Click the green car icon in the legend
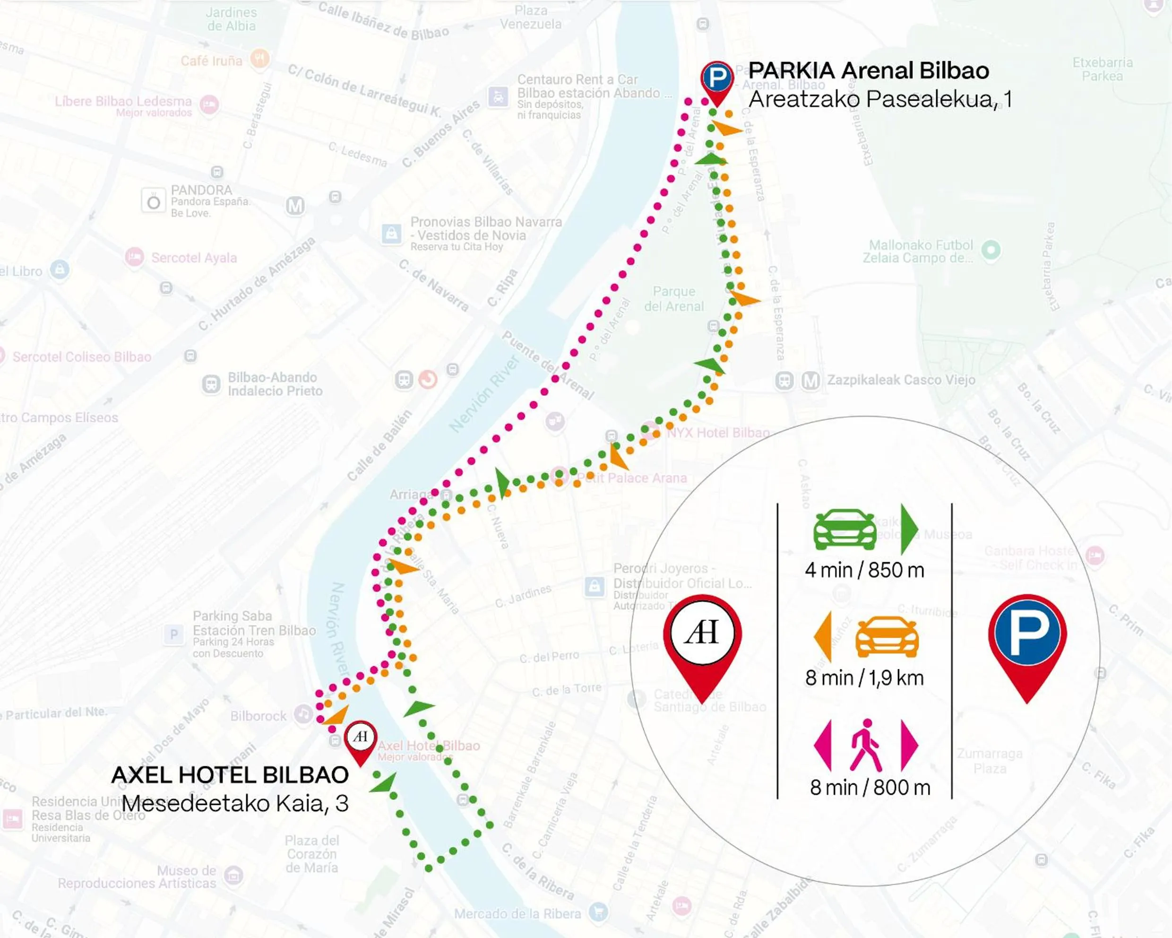[844, 529]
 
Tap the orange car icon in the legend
[887, 637]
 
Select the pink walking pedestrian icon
[866, 746]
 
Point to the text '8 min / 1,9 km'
[864, 678]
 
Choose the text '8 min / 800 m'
[870, 787]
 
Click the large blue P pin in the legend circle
[1027, 642]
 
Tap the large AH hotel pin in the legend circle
[702, 642]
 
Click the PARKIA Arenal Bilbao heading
[868, 71]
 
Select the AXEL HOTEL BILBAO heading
[230, 775]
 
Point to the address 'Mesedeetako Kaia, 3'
[235, 803]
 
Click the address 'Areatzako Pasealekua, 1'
[880, 99]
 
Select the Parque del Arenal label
[673, 299]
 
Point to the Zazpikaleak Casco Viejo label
[901, 380]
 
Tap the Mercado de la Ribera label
[517, 913]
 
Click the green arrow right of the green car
[909, 529]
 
